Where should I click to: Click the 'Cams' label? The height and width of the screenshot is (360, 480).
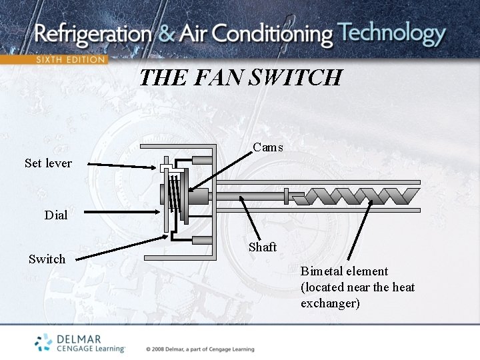[x=268, y=147]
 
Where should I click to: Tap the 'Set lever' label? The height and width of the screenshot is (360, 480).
[x=48, y=163]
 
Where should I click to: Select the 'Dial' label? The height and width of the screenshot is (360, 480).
[x=56, y=215]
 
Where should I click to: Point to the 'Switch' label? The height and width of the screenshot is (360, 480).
[x=47, y=259]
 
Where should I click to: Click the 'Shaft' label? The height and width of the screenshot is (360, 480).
[x=263, y=247]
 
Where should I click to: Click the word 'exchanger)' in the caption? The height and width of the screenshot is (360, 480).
[x=330, y=303]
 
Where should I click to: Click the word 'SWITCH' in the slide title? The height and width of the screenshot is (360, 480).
[x=295, y=78]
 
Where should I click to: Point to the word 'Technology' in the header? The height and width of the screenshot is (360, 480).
[x=391, y=33]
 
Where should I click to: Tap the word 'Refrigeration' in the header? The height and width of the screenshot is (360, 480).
[x=93, y=34]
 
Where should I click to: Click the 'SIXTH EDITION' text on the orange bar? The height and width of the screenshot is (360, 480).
[x=70, y=59]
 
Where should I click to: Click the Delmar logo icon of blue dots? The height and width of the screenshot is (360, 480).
[x=44, y=342]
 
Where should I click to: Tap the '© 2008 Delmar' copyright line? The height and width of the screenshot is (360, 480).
[x=200, y=349]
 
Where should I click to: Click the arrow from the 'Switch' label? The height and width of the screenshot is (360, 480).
[x=120, y=246]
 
